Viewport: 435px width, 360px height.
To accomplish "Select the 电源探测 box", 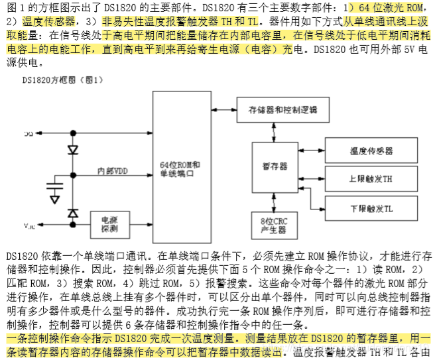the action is [x=109, y=224].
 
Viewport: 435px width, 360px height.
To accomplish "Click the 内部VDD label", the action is [x=112, y=171].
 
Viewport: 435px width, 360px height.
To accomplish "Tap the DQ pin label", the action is [x=29, y=134].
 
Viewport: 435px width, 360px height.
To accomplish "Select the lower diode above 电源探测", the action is [x=72, y=213].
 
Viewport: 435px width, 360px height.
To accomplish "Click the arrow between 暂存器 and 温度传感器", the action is [x=311, y=151].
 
